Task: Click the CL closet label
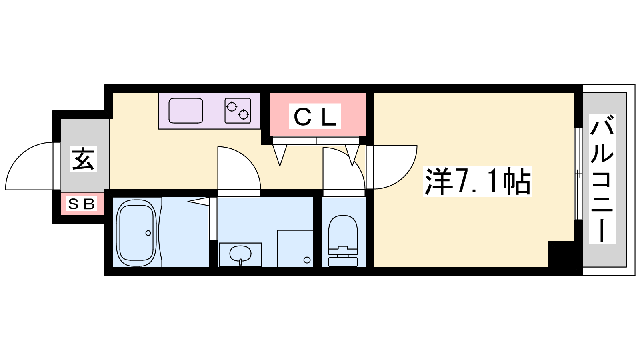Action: [x=315, y=116]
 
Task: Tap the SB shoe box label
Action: [x=82, y=204]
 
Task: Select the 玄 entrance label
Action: [x=84, y=158]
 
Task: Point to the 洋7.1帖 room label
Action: [x=478, y=181]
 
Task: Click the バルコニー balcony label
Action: [x=602, y=178]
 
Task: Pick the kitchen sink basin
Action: [x=186, y=110]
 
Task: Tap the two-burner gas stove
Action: [x=238, y=110]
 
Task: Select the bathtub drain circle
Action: [x=148, y=233]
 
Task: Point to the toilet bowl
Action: [x=343, y=232]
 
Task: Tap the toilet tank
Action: [x=343, y=262]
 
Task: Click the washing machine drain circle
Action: [x=307, y=260]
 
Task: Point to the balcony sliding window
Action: [x=578, y=174]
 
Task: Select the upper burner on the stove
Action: [x=232, y=107]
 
